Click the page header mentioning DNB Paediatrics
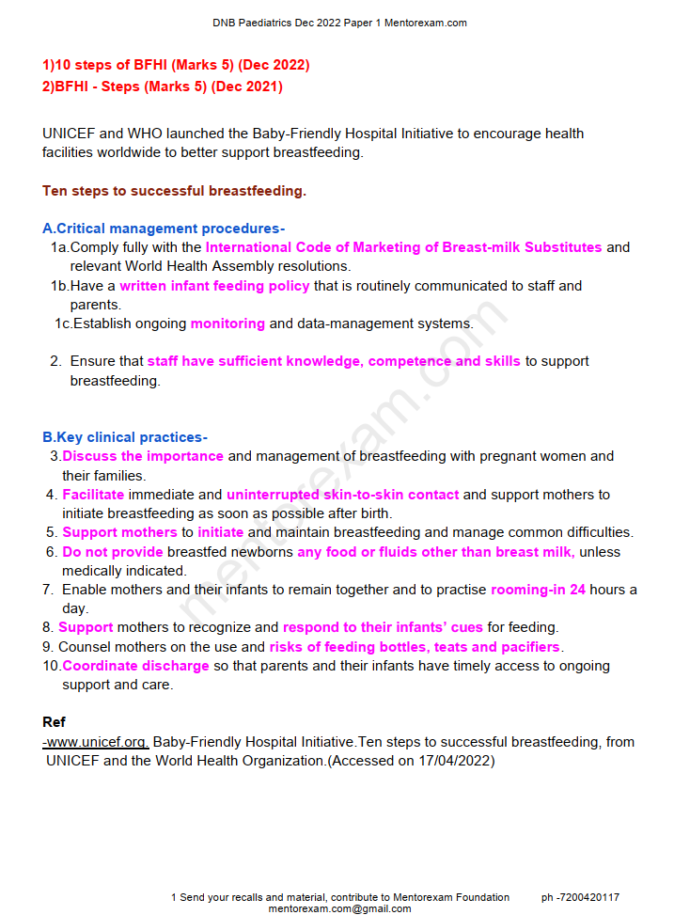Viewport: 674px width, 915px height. tap(339, 24)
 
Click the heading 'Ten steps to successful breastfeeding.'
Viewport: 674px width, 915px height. tap(174, 191)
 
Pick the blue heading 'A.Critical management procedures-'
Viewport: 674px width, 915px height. tap(164, 229)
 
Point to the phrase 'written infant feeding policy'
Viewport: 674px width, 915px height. tap(214, 286)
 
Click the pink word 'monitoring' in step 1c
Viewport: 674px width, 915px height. tap(227, 323)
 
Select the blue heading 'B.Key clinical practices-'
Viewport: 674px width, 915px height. tap(125, 437)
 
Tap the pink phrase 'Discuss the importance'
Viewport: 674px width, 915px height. tap(143, 456)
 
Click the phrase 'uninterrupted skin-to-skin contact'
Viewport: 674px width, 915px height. tap(342, 495)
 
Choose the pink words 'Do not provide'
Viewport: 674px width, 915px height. tap(113, 552)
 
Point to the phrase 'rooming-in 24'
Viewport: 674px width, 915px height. tap(538, 590)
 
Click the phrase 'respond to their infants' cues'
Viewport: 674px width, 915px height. tap(383, 627)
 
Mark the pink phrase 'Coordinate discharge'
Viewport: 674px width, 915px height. tap(135, 666)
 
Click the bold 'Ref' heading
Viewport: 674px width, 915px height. tap(54, 722)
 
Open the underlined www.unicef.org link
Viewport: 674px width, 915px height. tap(96, 742)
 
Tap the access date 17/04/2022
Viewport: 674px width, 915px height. tap(456, 761)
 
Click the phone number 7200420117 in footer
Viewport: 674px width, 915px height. tap(588, 897)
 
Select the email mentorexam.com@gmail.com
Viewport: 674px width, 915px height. tap(339, 908)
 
